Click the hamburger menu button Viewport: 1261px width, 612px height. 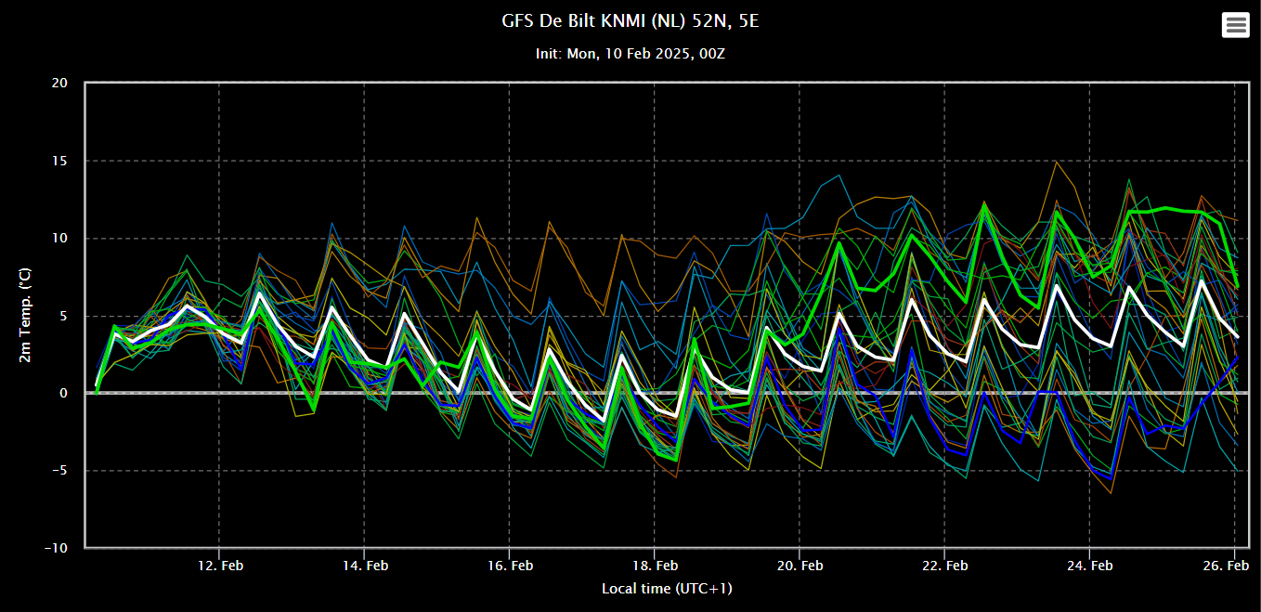click(1235, 25)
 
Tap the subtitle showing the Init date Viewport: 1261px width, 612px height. click(630, 54)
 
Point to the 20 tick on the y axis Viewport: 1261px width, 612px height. click(59, 83)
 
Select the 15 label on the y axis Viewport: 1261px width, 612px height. click(59, 161)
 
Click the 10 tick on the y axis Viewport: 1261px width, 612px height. click(59, 238)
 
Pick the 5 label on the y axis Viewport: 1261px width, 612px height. click(64, 316)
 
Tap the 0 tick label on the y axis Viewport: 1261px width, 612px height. click(64, 393)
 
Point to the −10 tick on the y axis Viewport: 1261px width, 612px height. click(57, 548)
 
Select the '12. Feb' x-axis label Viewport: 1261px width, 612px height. click(220, 566)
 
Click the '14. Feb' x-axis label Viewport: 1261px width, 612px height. click(365, 566)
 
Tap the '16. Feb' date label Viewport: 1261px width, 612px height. click(510, 566)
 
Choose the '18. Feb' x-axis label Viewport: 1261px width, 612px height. click(656, 566)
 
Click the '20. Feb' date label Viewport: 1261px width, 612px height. click(799, 566)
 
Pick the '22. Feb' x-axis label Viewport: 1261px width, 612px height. click(945, 566)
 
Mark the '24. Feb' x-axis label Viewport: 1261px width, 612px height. click(1090, 566)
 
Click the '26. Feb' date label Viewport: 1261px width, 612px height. click(1226, 566)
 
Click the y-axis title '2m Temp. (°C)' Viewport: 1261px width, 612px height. click(25, 316)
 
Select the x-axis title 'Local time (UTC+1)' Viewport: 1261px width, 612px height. click(667, 589)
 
